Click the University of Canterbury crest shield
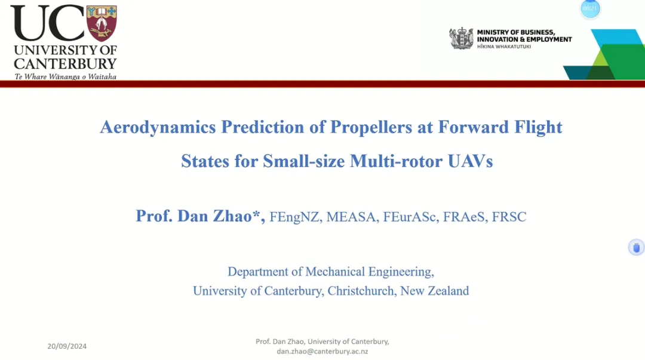pos(102,23)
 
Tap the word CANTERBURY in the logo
pos(66,64)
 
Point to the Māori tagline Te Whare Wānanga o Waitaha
pos(66,76)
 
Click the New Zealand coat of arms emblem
pos(461,39)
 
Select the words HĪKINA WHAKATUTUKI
pos(504,47)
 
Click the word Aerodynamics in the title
pos(158,128)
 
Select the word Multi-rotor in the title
pos(396,161)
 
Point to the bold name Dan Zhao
pos(214,216)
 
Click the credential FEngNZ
pos(294,217)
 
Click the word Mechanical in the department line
pos(335,272)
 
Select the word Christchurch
pos(361,291)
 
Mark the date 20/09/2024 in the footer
pos(67,346)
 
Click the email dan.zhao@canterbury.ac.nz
pos(322,352)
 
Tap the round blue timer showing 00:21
pos(590,8)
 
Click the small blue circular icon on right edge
pos(637,247)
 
